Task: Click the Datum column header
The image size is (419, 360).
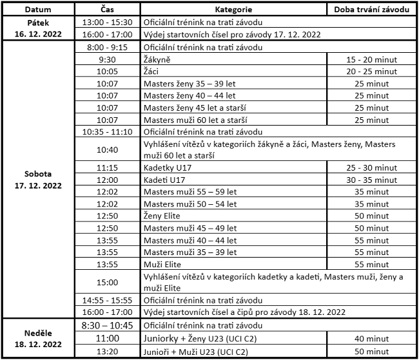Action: click(x=38, y=11)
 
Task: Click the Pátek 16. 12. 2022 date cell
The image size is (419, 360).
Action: click(x=38, y=28)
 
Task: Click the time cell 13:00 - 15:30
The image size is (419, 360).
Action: click(x=108, y=23)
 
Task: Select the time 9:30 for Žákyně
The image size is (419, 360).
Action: click(x=108, y=59)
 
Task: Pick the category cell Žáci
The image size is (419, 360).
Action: click(x=152, y=71)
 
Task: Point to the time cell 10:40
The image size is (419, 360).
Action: click(x=108, y=149)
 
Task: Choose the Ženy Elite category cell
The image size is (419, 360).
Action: click(x=162, y=216)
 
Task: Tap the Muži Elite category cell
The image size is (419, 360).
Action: click(x=162, y=264)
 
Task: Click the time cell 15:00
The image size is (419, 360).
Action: click(x=108, y=282)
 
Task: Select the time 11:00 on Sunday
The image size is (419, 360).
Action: click(x=108, y=338)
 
